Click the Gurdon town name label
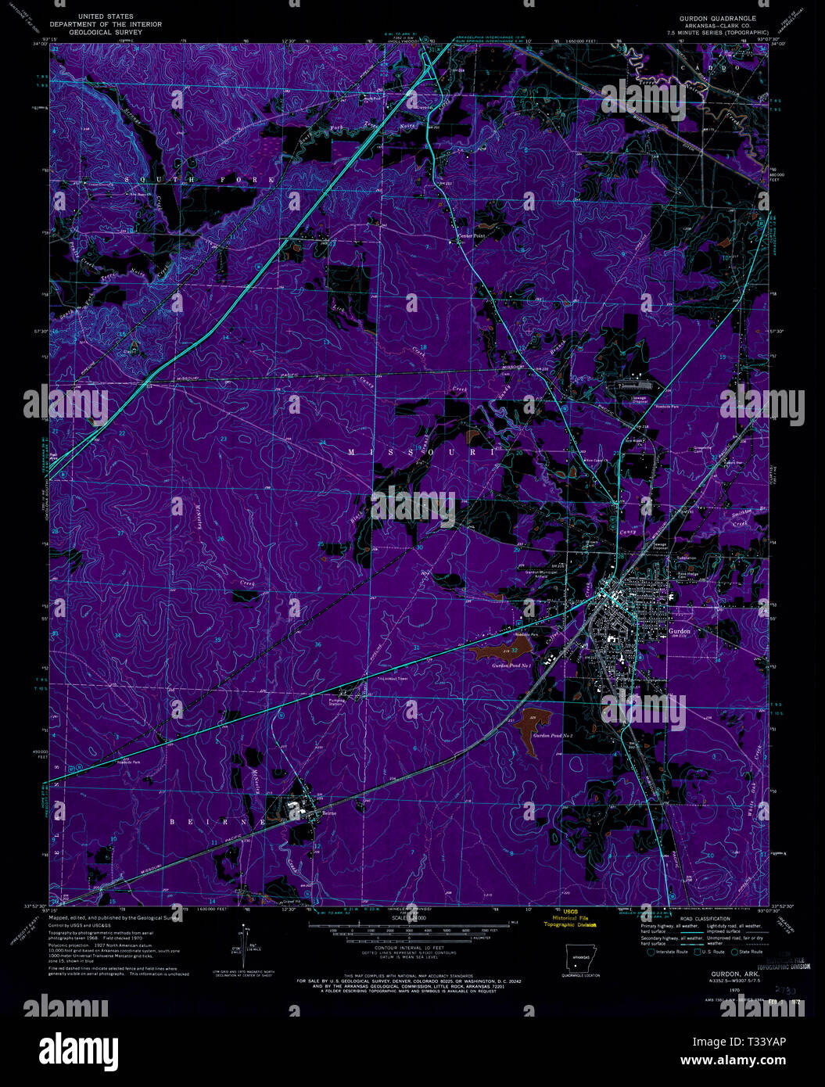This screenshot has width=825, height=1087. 679,630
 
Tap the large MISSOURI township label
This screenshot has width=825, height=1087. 421,452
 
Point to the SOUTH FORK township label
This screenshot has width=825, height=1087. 199,180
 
